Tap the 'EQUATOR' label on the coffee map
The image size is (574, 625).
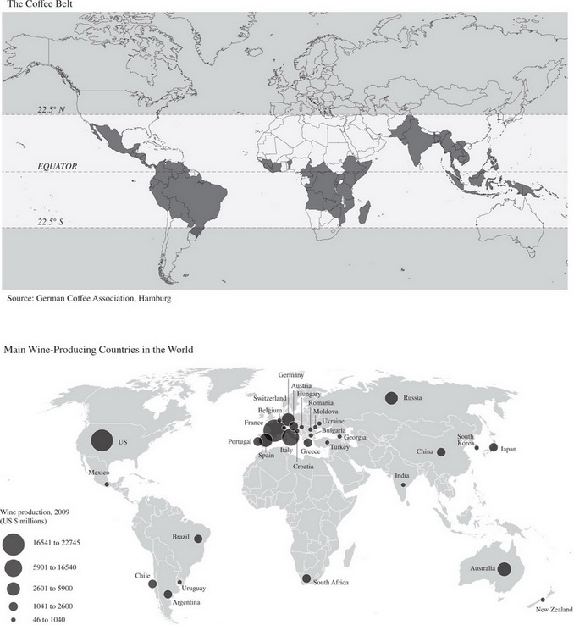coord(54,167)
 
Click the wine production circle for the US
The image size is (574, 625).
coord(100,440)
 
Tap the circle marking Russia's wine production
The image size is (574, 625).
coord(392,398)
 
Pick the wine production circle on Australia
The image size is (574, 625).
coord(505,570)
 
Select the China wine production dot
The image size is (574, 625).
coord(441,452)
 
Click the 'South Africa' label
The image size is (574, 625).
coord(330,583)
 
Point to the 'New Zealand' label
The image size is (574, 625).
coord(554,607)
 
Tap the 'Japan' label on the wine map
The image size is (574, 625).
coord(510,448)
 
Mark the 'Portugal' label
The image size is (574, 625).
coord(240,442)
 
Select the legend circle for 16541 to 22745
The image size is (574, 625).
coord(14,542)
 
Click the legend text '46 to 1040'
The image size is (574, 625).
coord(50,620)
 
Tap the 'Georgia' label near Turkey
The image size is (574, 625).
coord(356,437)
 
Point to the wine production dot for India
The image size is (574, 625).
coord(404,484)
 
